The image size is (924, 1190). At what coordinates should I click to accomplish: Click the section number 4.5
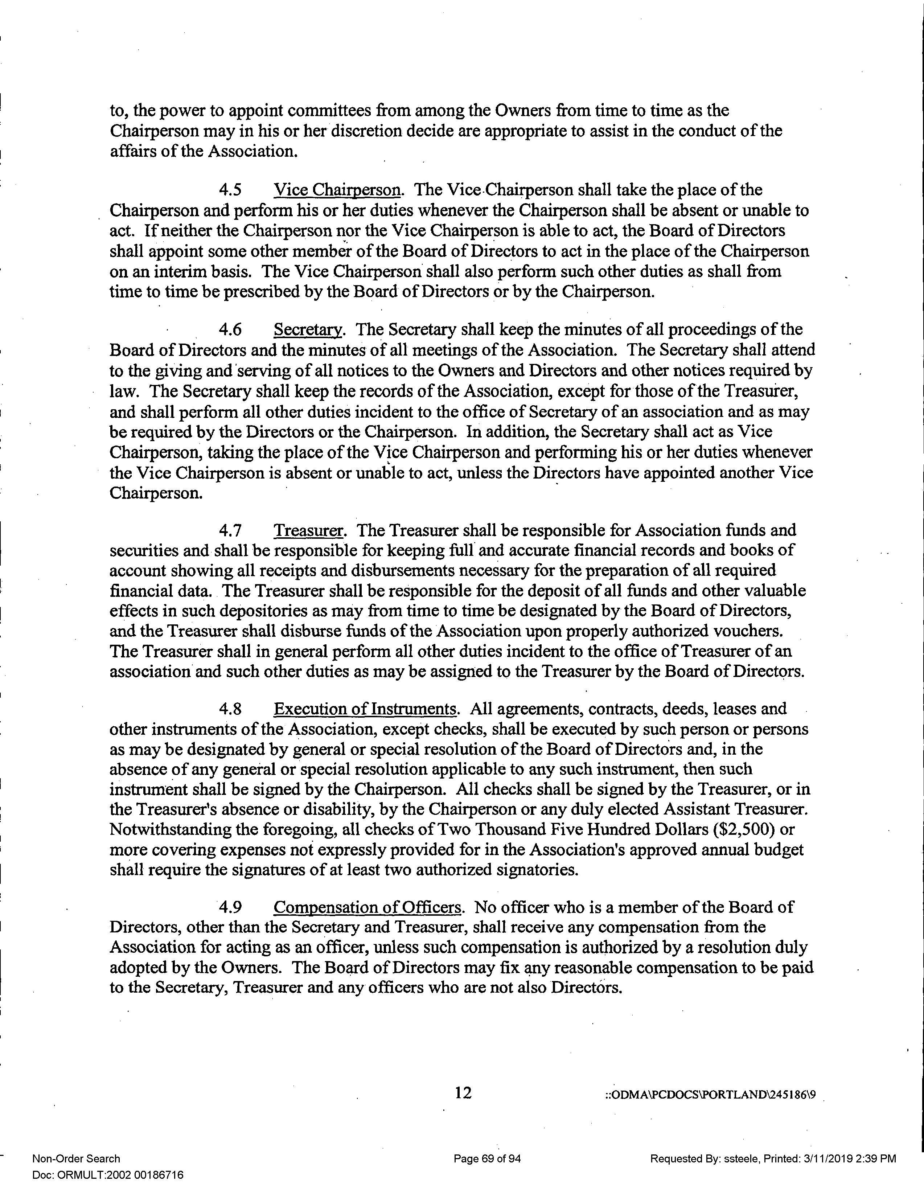[230, 190]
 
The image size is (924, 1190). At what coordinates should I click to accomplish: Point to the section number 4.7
[230, 530]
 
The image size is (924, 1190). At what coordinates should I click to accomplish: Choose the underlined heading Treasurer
[309, 530]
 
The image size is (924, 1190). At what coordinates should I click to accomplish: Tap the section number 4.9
[230, 907]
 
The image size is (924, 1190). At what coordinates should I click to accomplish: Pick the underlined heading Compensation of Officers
[368, 907]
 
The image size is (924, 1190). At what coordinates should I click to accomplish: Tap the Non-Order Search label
[76, 1159]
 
